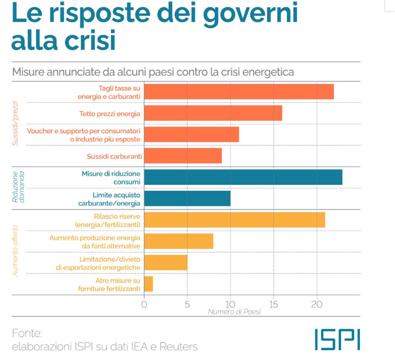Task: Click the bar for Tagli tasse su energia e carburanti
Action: [x=239, y=91]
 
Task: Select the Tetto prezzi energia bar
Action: [x=213, y=113]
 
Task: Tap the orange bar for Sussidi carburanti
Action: [x=183, y=156]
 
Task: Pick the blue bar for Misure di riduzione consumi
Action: [x=243, y=177]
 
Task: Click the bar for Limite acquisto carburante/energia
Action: [x=187, y=199]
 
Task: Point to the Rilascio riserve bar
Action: [x=235, y=220]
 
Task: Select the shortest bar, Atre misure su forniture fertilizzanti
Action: [x=148, y=284]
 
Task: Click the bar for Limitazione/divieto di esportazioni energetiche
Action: [x=166, y=263]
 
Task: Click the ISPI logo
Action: [x=337, y=339]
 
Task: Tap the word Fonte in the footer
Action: [x=27, y=333]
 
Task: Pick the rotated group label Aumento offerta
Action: [x=16, y=250]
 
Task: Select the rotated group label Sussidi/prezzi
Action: [x=16, y=123]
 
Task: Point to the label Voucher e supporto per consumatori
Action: [x=84, y=130]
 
